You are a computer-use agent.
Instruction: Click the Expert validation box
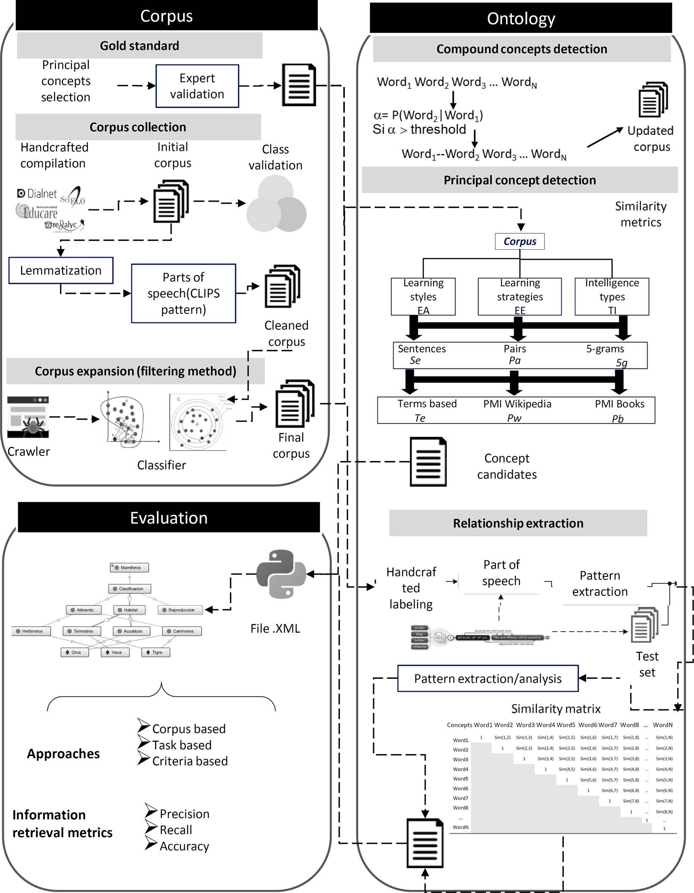197,86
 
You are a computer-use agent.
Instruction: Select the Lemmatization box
61,270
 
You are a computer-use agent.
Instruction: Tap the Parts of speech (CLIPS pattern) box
183,293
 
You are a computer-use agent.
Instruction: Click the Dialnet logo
37,194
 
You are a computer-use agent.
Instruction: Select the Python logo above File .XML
281,573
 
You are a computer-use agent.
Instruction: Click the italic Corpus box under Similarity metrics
519,241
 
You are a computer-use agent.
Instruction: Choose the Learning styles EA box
423,297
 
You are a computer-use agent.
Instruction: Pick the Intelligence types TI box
612,297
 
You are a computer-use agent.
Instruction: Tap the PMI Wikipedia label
517,404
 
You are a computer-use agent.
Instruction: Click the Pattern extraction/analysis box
488,679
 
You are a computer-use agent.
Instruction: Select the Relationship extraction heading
518,523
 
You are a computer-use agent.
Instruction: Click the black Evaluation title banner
169,518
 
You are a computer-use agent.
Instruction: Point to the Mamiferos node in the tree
130,568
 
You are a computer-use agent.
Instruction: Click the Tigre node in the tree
156,652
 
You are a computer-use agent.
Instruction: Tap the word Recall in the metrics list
176,830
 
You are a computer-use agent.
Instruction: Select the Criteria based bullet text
190,761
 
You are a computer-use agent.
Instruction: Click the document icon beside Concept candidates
428,462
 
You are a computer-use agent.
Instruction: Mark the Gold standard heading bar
139,46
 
